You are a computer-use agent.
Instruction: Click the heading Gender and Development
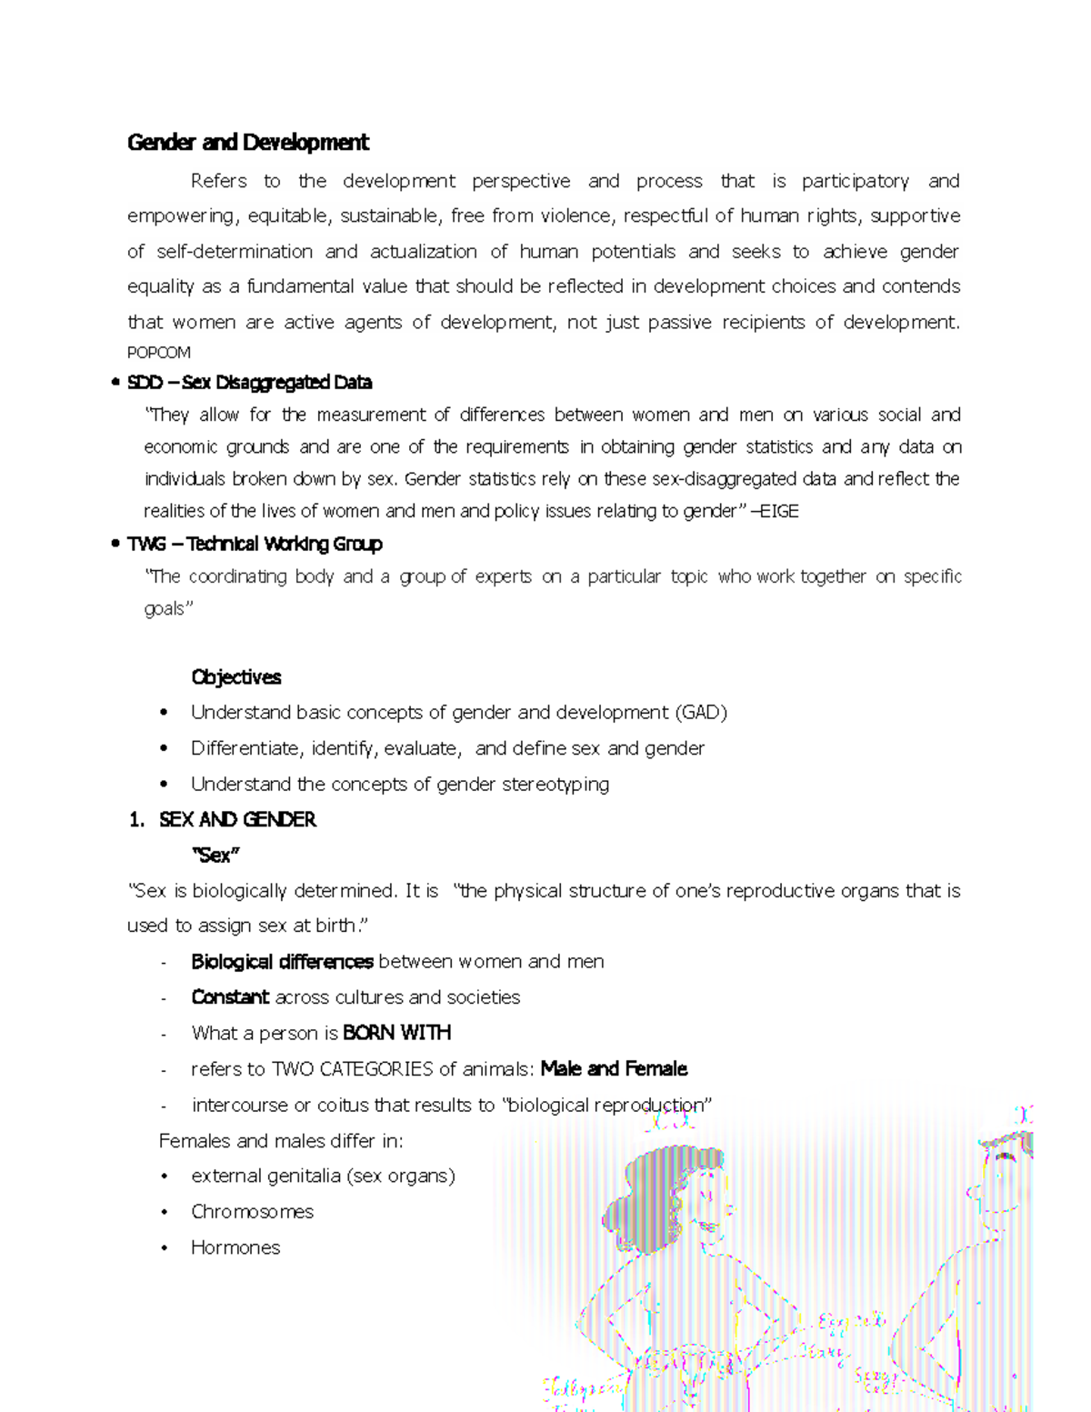pos(247,143)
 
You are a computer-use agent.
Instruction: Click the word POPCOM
pos(159,353)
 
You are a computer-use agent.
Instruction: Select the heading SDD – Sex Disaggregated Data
pos(249,383)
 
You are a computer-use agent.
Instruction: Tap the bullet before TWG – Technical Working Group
pos(115,545)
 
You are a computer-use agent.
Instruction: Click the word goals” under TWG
pos(169,609)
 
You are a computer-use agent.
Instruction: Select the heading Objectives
pos(235,677)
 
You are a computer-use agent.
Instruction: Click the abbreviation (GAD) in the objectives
pos(700,713)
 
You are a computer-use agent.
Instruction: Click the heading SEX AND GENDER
pos(237,820)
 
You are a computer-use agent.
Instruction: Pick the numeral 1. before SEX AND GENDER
pos(136,820)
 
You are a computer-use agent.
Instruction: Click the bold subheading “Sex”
pos(215,856)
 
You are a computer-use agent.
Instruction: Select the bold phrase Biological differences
pos(282,962)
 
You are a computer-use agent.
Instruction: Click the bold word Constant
pos(230,997)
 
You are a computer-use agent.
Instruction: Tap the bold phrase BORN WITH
pos(396,1034)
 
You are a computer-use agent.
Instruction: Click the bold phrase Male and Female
pos(614,1069)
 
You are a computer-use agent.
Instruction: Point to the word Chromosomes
pos(252,1212)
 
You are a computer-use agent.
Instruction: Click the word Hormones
pos(235,1248)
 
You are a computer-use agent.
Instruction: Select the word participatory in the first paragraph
pos(855,182)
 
